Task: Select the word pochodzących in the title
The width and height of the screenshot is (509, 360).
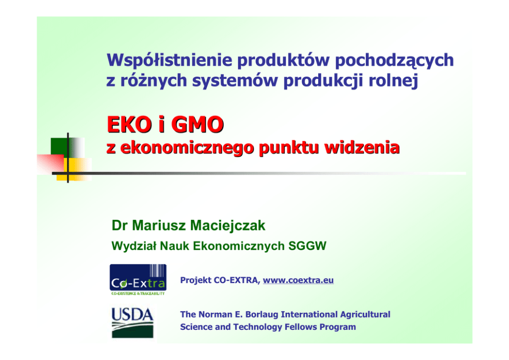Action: click(394, 61)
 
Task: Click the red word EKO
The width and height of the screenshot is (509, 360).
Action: click(129, 124)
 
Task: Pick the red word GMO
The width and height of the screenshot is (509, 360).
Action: click(198, 124)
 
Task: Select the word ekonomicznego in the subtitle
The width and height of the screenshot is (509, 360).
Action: click(188, 148)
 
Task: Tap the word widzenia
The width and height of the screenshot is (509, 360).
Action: click(362, 147)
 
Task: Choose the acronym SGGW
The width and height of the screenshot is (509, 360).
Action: click(307, 246)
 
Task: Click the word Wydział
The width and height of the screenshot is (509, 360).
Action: click(134, 246)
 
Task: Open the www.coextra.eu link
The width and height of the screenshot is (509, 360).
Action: click(298, 280)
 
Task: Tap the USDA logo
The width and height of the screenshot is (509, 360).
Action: click(132, 323)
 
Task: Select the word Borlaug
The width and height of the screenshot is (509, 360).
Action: click(262, 314)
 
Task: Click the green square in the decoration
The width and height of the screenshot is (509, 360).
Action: click(59, 146)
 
